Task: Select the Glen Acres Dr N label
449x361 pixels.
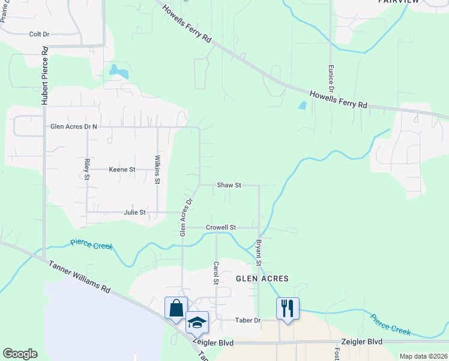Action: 74,126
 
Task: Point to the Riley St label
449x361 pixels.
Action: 87,170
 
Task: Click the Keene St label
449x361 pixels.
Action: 122,170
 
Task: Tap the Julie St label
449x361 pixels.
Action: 134,212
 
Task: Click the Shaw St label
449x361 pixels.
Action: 229,185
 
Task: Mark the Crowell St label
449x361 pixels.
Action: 221,227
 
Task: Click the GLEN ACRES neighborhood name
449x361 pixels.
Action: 262,279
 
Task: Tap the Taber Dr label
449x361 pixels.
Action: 248,321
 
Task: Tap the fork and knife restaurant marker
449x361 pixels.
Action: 288,309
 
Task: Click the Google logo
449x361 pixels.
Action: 20,354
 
